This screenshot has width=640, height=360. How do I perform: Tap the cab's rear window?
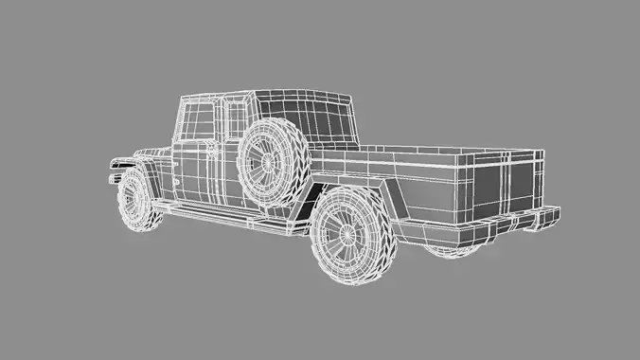click(x=327, y=122)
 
